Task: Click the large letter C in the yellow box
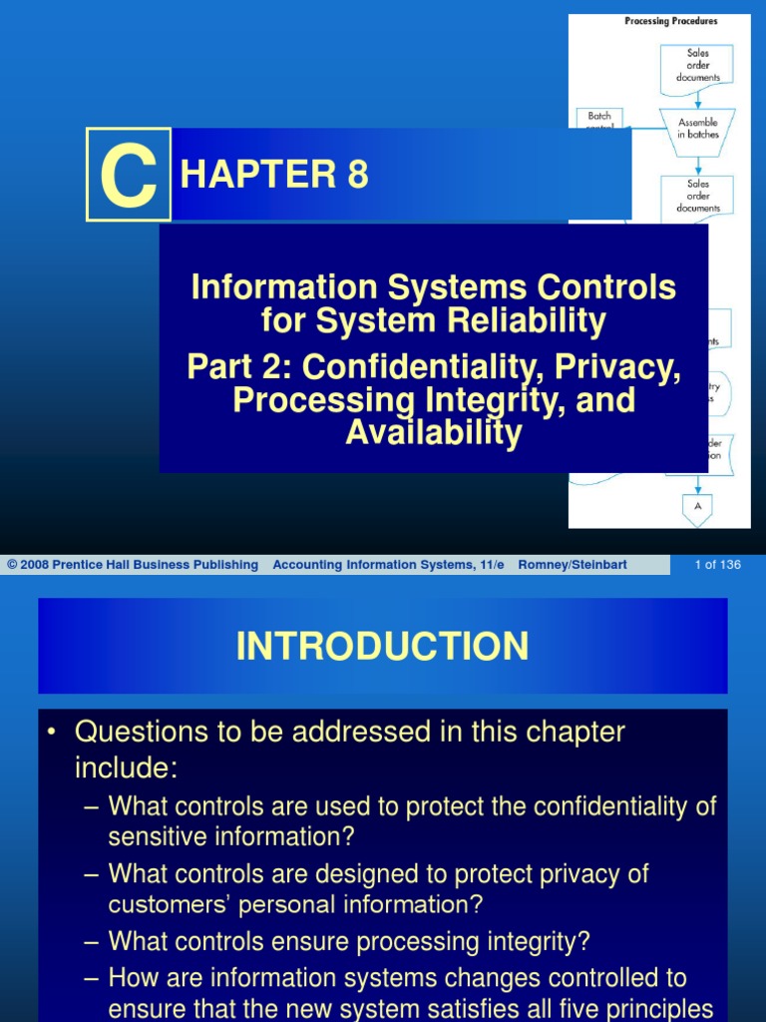(x=129, y=176)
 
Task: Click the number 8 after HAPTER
(x=357, y=176)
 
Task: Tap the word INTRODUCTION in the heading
(x=382, y=647)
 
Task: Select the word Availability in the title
(x=434, y=433)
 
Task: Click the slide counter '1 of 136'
(x=717, y=565)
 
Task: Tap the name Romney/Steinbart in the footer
(x=573, y=565)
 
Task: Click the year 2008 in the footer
(x=33, y=565)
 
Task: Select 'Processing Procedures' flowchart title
(x=670, y=21)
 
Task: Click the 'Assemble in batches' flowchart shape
(x=698, y=129)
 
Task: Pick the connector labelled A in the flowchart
(x=698, y=507)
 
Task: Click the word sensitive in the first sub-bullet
(x=159, y=835)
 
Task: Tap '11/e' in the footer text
(x=488, y=565)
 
